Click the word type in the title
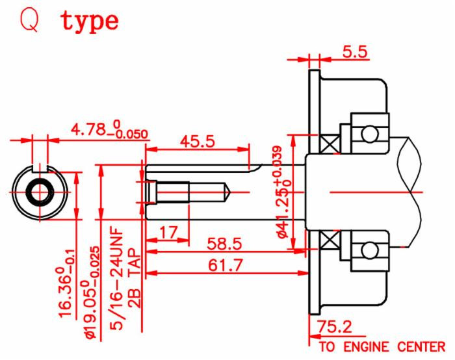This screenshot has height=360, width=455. click(90, 21)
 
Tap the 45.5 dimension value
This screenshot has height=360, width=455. click(198, 141)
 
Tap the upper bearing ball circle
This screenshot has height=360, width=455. click(369, 133)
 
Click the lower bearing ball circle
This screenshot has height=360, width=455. click(369, 250)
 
